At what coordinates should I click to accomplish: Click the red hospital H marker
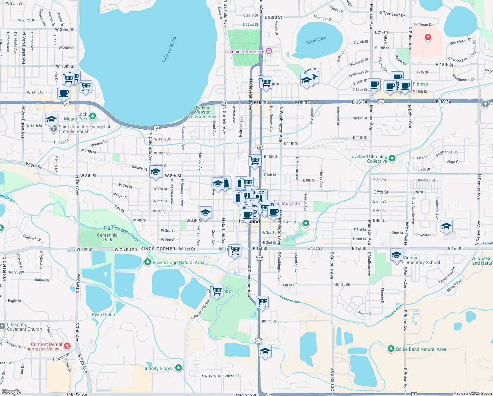click(x=428, y=37)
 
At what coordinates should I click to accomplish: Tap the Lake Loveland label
click(x=169, y=49)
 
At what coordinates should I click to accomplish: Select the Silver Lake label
click(x=316, y=40)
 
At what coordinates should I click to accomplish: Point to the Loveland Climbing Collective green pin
click(x=392, y=158)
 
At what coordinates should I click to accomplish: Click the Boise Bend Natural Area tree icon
click(x=391, y=348)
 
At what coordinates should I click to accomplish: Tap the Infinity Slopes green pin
click(x=178, y=368)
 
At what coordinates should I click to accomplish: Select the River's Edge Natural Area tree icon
click(x=148, y=262)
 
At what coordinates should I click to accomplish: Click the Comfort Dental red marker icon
click(x=67, y=346)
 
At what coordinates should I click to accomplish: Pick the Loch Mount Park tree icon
click(x=93, y=116)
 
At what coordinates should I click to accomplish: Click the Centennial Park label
click(x=107, y=237)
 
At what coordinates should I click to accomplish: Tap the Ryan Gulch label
click(x=103, y=314)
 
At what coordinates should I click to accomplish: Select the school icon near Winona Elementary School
click(x=396, y=255)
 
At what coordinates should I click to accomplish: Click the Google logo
click(x=11, y=392)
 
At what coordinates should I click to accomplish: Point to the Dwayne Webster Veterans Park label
click(x=202, y=112)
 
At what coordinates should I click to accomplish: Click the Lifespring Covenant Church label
click(x=24, y=327)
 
